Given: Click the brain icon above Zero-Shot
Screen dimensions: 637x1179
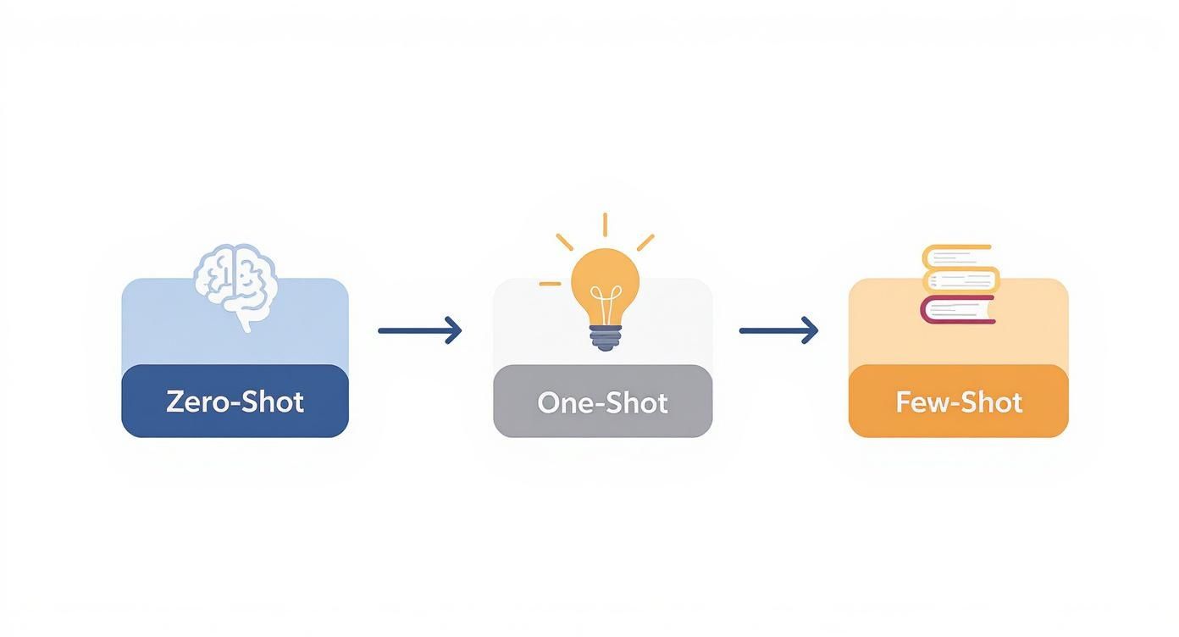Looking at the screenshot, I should tap(235, 284).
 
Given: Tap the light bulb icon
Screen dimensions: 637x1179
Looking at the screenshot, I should tap(605, 292).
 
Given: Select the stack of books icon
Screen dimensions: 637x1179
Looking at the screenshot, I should tap(960, 285).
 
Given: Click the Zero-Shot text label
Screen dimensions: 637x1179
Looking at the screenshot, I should tap(235, 402).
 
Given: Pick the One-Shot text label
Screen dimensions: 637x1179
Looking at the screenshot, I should tap(602, 402).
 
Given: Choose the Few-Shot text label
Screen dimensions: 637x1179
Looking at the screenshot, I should tap(959, 402).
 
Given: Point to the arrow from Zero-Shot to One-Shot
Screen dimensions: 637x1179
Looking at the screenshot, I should tap(420, 330).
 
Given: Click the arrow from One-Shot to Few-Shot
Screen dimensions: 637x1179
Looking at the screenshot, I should tap(778, 330).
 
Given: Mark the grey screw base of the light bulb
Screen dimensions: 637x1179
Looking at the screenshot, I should tap(605, 339).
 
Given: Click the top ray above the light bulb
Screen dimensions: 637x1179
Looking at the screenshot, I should tap(605, 224).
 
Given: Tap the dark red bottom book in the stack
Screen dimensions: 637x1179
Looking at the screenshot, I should tap(958, 310).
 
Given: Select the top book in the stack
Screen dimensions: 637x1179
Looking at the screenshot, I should tap(956, 256).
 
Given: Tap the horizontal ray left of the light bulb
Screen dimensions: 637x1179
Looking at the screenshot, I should tap(550, 284).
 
